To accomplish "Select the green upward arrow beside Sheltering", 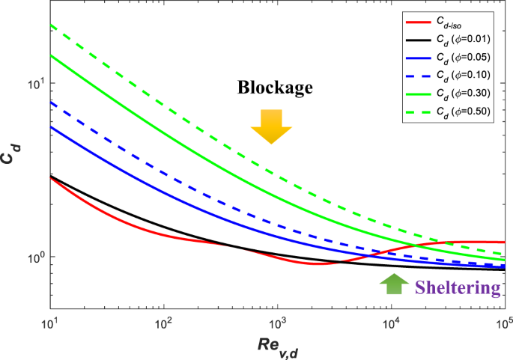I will pos(391,284).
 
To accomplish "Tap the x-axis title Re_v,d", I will pos(277,345).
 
